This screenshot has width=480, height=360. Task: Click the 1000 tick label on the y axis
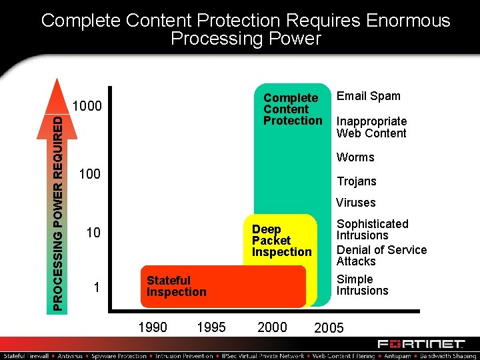(87, 107)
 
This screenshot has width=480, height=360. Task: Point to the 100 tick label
(89, 175)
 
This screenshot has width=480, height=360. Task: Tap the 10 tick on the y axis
(93, 233)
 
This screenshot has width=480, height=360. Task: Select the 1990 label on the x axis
(153, 327)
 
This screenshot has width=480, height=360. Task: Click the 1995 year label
(212, 327)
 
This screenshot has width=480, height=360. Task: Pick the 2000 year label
(272, 327)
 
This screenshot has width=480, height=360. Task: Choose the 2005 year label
(329, 328)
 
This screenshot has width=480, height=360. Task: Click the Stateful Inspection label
(176, 287)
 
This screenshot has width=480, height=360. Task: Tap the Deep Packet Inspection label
(281, 241)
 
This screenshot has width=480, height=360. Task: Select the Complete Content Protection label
(292, 109)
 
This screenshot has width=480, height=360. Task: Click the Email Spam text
(368, 96)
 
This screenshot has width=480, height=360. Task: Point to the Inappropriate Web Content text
(371, 127)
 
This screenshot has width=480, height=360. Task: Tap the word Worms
(355, 157)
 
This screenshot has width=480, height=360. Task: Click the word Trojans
(357, 181)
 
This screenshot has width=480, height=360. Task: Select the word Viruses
(356, 203)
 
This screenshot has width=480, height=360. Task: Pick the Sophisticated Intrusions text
(372, 229)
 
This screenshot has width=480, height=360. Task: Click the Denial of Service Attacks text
(381, 255)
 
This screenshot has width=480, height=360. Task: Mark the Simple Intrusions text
(362, 285)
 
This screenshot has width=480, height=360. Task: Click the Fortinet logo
(421, 344)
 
